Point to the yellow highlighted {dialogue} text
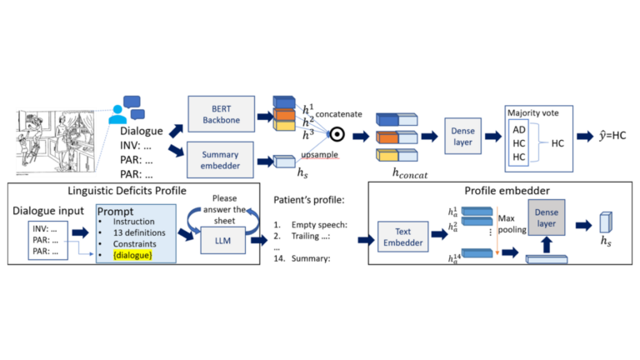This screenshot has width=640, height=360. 132,253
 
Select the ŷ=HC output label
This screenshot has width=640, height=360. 602,134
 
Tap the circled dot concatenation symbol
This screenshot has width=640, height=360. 337,132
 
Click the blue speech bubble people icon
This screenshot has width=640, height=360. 126,108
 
